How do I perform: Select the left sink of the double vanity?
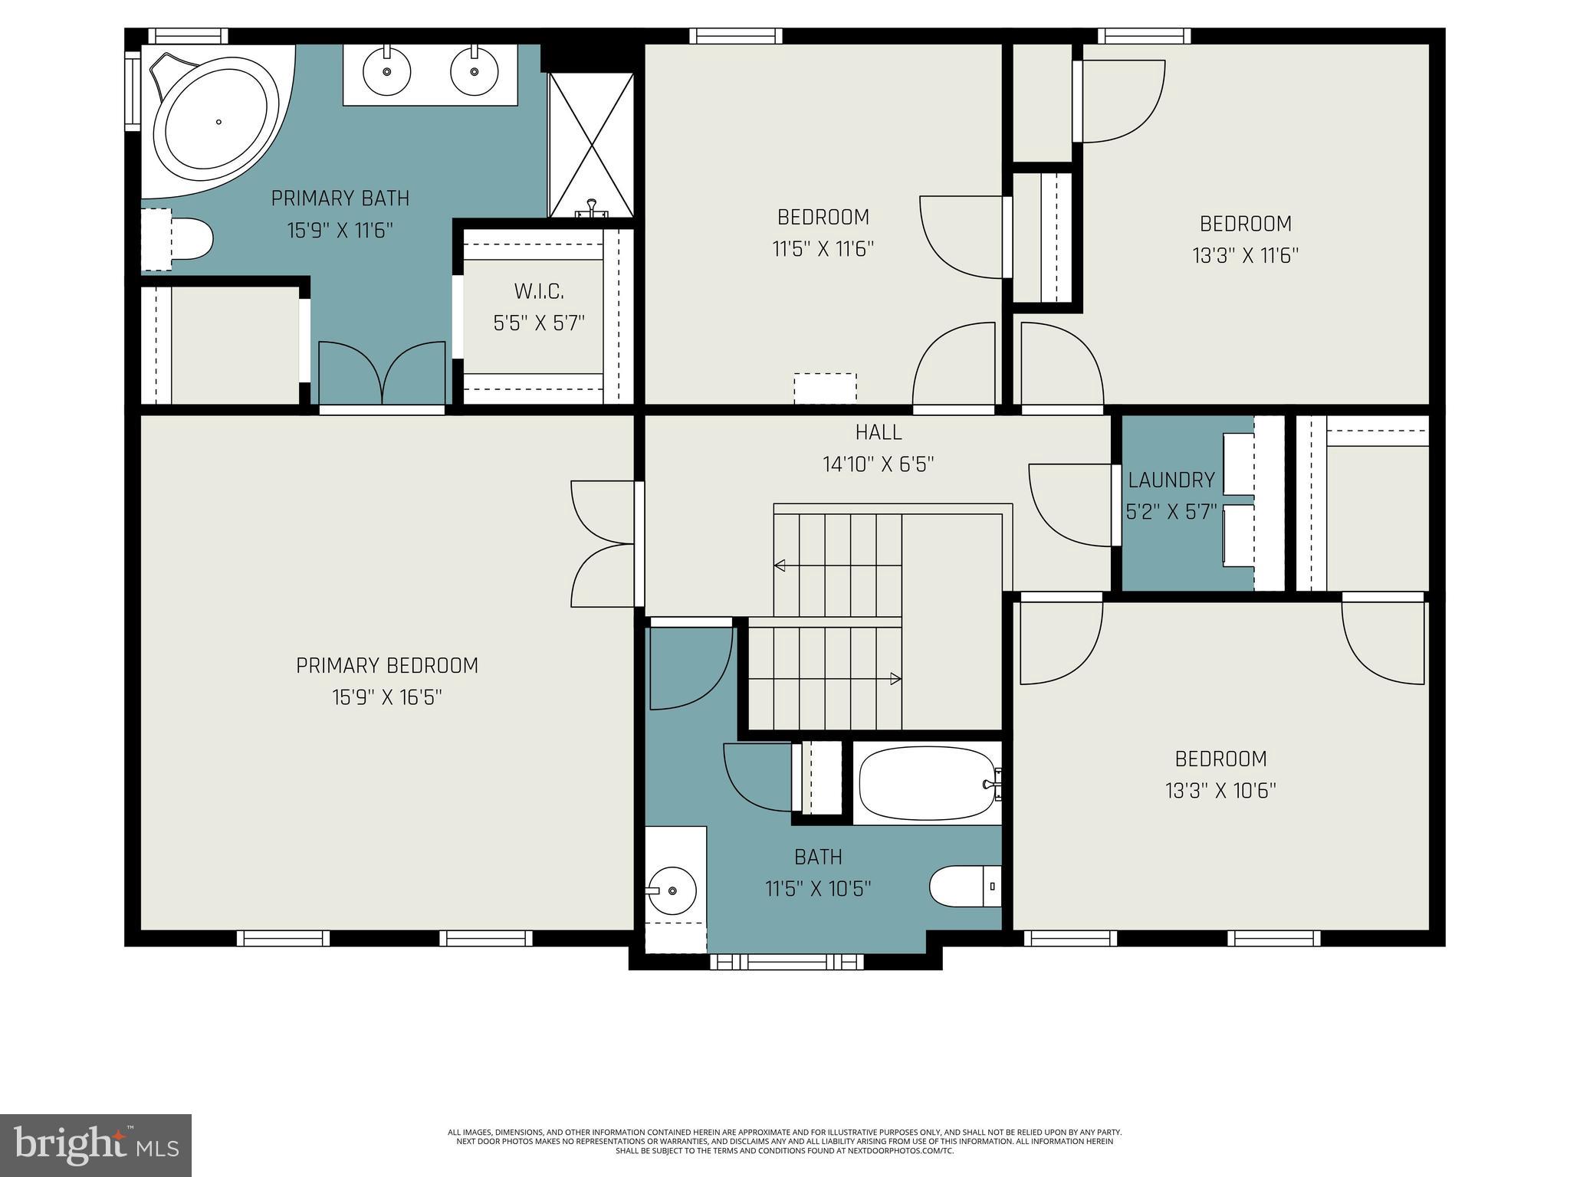[387, 71]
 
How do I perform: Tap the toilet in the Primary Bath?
[189, 239]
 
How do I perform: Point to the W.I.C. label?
[539, 291]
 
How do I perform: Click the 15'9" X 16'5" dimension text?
[387, 697]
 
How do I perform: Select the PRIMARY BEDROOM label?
[387, 665]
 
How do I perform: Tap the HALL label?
[879, 432]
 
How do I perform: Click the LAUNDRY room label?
[1171, 480]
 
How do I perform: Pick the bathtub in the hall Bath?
[928, 784]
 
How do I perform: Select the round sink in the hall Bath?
[672, 890]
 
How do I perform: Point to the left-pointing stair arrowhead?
[780, 566]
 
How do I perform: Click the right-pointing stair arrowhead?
[895, 678]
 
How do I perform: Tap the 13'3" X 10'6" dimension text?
[1220, 791]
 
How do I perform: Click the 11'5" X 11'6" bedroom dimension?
[823, 249]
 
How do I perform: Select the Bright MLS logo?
[96, 1145]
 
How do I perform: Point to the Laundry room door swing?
[1069, 506]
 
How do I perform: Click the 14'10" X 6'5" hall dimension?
[879, 464]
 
